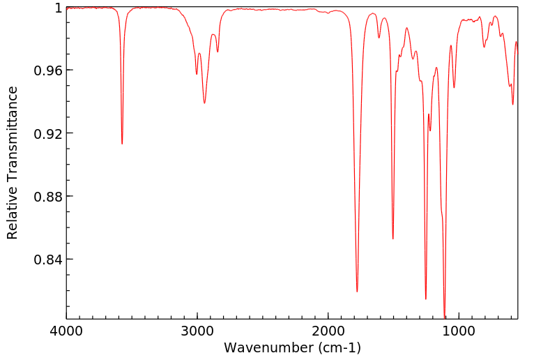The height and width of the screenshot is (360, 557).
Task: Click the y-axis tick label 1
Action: pos(58,8)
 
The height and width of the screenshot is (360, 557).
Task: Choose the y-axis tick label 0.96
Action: pos(48,70)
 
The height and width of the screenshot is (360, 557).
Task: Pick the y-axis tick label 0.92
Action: pos(48,133)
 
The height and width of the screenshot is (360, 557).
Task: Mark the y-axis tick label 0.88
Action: pos(48,196)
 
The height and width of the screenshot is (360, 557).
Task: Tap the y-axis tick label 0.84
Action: pos(48,260)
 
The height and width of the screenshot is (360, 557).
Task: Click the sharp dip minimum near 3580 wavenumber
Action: pos(122,144)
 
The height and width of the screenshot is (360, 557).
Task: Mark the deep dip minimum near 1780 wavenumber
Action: pos(357,292)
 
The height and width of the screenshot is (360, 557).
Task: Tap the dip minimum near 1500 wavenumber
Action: pos(393,239)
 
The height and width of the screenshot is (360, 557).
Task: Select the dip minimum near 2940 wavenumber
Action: pos(204,103)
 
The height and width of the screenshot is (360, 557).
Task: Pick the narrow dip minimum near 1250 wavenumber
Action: pos(426,299)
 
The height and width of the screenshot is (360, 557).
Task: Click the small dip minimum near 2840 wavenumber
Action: pos(218,52)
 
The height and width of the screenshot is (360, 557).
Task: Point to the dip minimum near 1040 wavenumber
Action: pos(454,88)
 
